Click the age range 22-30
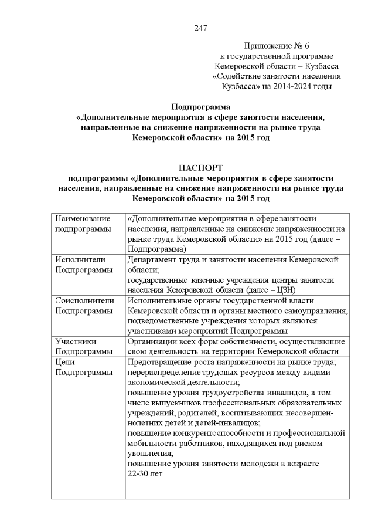point(139,474)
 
